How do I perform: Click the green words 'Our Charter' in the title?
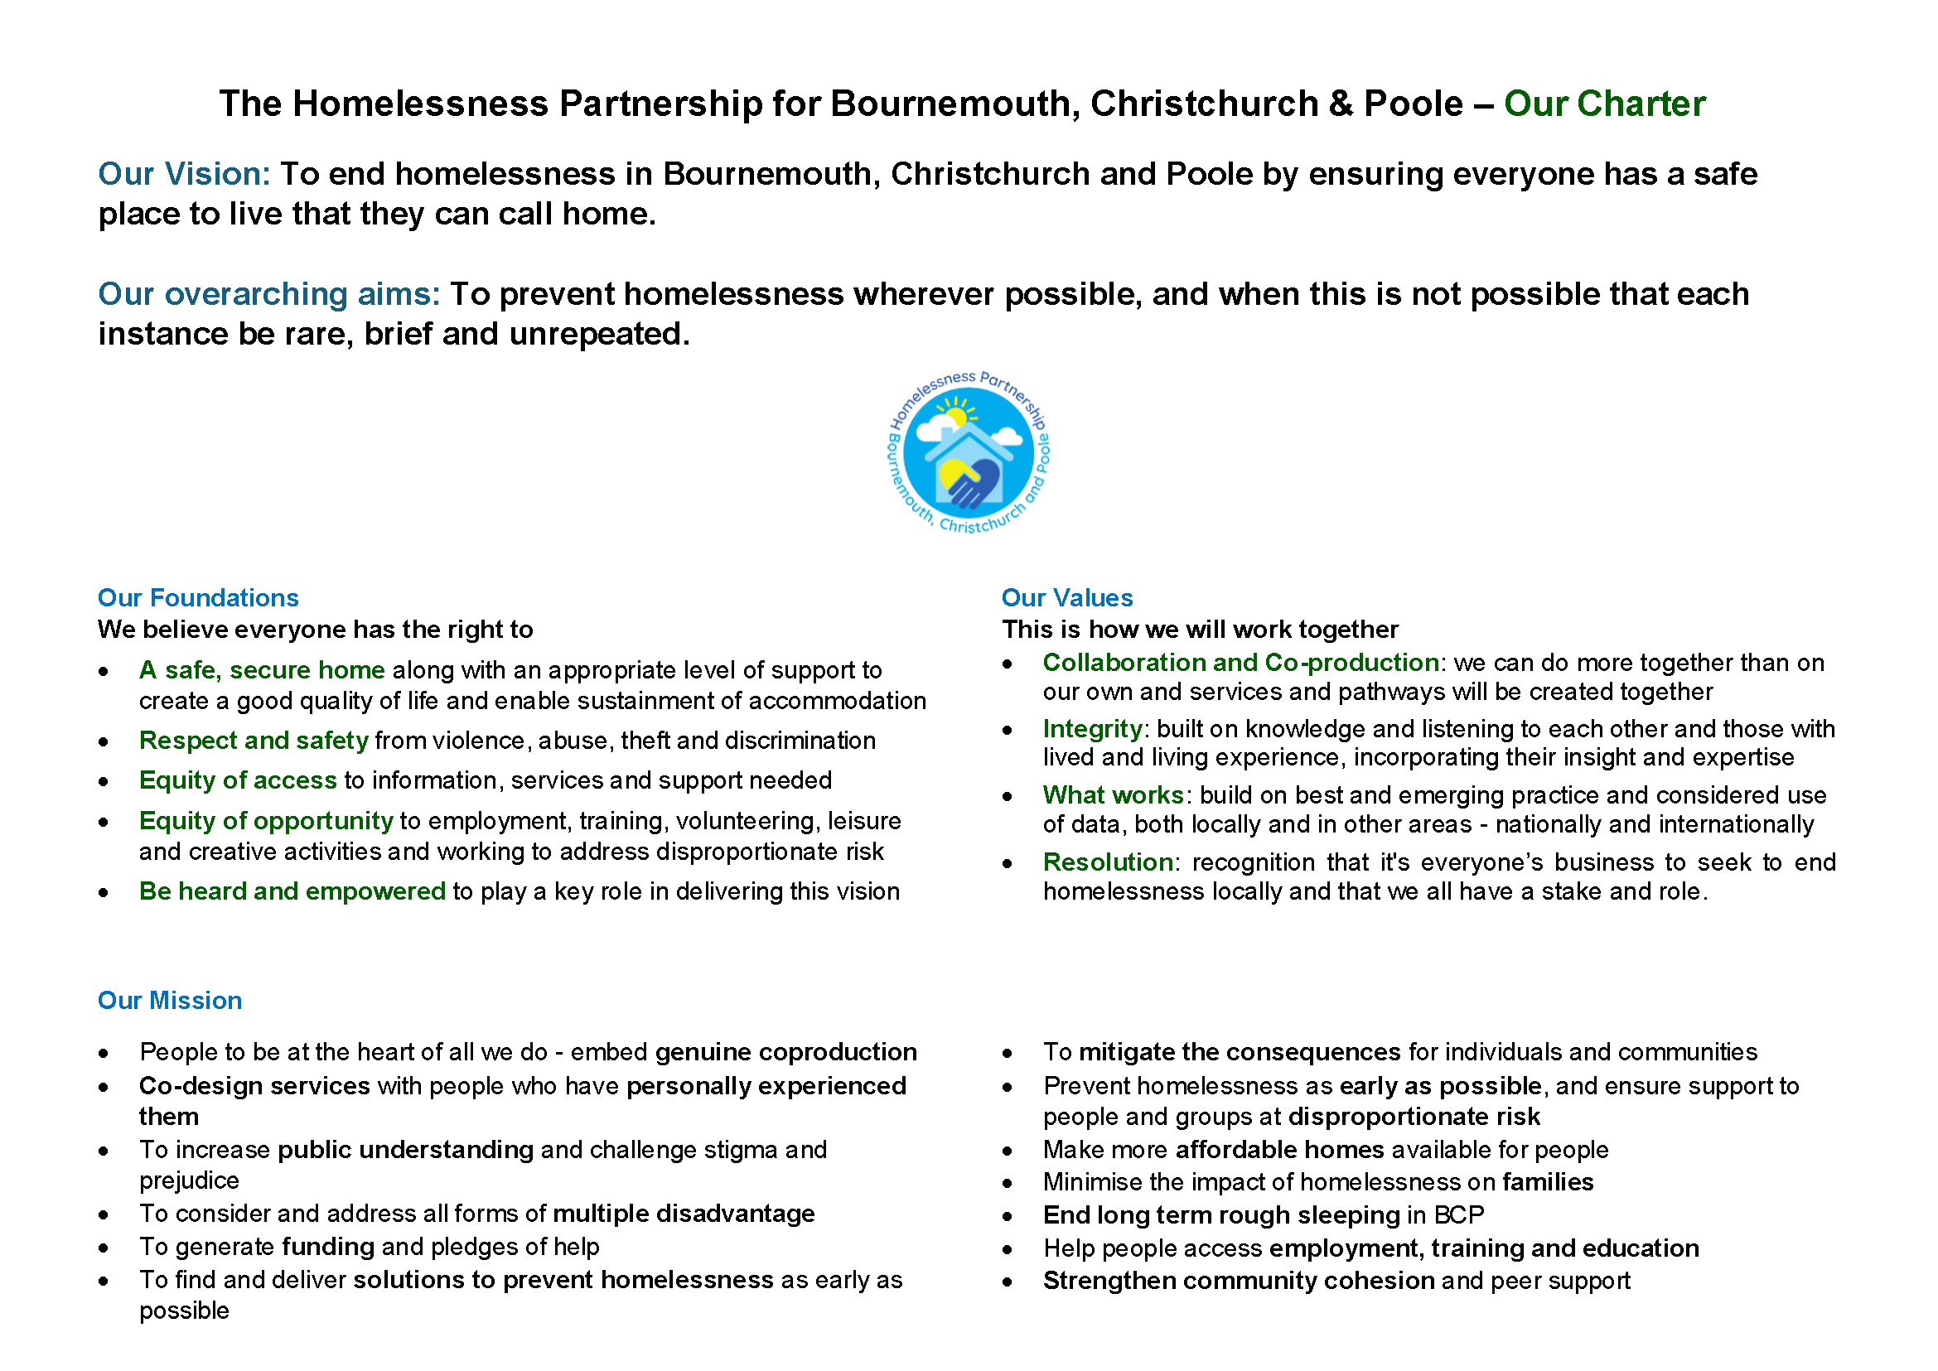(1603, 104)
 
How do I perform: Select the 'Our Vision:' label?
(183, 174)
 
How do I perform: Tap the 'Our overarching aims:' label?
(268, 294)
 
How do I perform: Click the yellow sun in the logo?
(955, 416)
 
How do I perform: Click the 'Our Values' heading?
(1066, 598)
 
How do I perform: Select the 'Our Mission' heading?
(170, 1001)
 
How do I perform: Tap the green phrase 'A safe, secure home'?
(262, 670)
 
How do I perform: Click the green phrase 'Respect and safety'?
(254, 741)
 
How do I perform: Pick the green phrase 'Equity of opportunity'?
(266, 821)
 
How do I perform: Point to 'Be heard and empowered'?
(292, 891)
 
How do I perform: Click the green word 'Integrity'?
(1092, 728)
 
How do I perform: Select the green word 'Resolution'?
(1107, 862)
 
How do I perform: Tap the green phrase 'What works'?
(1113, 795)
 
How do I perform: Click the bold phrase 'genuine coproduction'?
(785, 1052)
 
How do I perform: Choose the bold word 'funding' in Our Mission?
(327, 1247)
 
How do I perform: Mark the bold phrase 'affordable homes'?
(1279, 1150)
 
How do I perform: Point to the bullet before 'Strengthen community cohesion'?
(1008, 1282)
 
